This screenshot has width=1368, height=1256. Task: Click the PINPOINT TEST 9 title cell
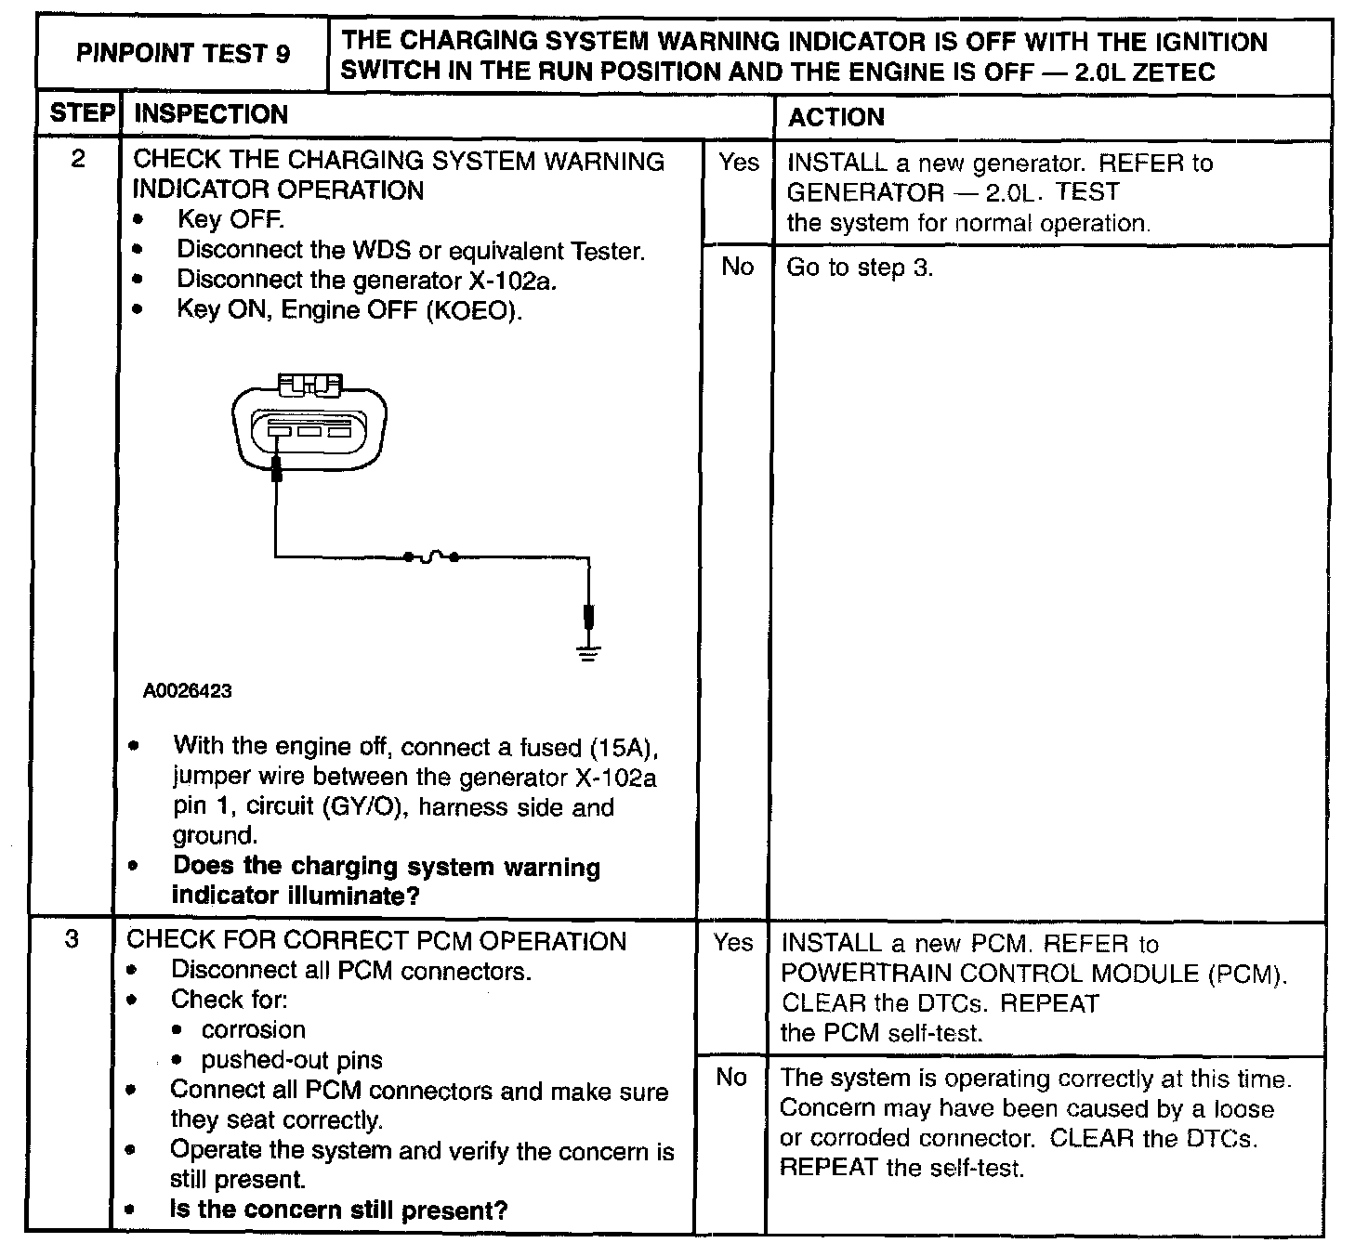click(x=183, y=54)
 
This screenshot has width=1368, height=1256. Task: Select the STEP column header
click(x=81, y=113)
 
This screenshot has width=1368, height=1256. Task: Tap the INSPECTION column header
click(x=212, y=114)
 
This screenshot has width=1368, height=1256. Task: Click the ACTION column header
click(x=836, y=117)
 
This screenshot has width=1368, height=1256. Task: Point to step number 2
click(x=78, y=159)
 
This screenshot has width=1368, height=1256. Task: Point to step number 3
click(x=72, y=939)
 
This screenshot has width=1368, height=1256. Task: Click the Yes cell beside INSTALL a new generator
click(x=739, y=163)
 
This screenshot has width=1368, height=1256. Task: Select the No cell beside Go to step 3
click(x=738, y=268)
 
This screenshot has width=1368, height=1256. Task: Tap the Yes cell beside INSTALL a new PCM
click(x=733, y=943)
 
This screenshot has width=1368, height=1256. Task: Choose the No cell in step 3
click(x=731, y=1078)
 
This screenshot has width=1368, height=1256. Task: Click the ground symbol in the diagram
click(x=588, y=653)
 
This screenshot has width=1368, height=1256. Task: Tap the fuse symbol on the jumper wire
click(x=431, y=557)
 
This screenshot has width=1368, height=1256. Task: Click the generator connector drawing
click(x=309, y=424)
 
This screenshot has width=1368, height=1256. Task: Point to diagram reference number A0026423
click(x=188, y=691)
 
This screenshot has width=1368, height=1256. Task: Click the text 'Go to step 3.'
click(x=860, y=268)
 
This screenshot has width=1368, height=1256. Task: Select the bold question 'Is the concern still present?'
click(x=338, y=1210)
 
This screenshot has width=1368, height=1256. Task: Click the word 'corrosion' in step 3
click(x=253, y=1030)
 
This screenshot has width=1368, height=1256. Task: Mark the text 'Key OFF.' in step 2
click(x=230, y=220)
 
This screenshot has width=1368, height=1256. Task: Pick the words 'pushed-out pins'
click(x=291, y=1060)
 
